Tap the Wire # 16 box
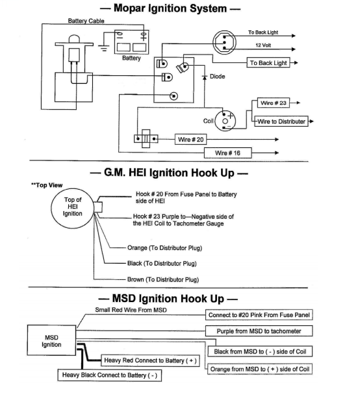point(227,153)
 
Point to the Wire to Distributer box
point(281,121)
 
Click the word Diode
point(217,77)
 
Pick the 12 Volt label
point(263,45)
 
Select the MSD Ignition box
point(51,341)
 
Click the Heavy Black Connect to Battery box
point(110,375)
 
